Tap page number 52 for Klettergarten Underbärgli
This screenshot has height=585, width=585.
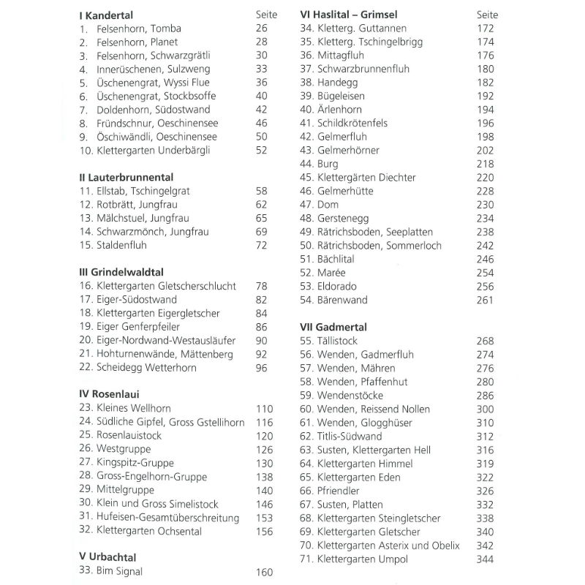(x=261, y=151)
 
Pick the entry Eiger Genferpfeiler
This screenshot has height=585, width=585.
(x=138, y=327)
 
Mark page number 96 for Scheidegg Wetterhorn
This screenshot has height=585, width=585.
(x=261, y=368)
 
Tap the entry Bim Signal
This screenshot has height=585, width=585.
(x=118, y=573)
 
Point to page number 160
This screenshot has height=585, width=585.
(x=264, y=573)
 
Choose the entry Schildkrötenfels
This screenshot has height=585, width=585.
(x=352, y=124)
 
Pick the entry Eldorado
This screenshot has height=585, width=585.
(x=337, y=287)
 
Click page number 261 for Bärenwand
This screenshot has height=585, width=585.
(x=486, y=300)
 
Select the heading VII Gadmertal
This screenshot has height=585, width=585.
(x=333, y=327)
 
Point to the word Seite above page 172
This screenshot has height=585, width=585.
(x=487, y=15)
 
